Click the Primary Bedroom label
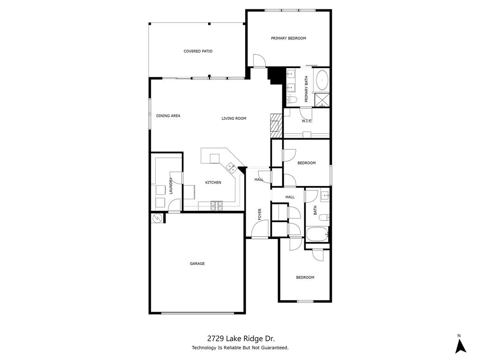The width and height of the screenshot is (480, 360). coord(288,38)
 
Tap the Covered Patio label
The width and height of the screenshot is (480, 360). coord(198,51)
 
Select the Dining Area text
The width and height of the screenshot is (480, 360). coord(168,116)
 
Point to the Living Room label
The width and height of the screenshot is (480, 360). coord(234,119)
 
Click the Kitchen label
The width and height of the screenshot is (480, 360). coord(213,182)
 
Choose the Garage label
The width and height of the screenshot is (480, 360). coord(197,263)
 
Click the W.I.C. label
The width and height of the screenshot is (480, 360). coord(307,121)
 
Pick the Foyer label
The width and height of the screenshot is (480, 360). coord(260,214)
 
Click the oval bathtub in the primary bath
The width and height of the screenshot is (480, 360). coord(322,81)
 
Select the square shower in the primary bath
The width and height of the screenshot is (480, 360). coord(321,99)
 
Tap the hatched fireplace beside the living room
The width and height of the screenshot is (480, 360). coord(276,126)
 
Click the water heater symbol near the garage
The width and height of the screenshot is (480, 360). coord(157,218)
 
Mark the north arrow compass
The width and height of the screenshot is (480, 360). coord(461,345)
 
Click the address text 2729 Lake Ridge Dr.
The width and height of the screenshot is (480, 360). coord(240,338)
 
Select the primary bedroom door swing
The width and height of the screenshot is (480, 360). coord(259,60)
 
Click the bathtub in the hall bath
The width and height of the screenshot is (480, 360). coord(316,234)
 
